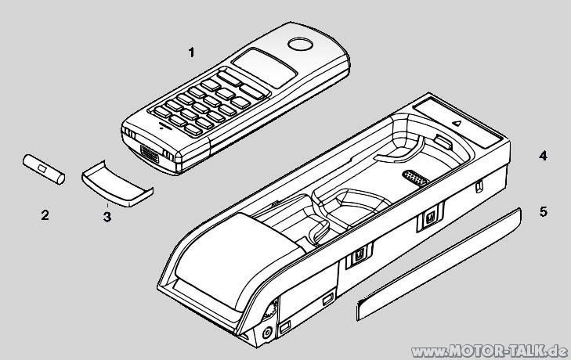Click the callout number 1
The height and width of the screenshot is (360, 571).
190,52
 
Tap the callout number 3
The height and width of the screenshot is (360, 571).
107,217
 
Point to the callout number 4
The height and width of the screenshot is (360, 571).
543,156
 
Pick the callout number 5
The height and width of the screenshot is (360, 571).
543,211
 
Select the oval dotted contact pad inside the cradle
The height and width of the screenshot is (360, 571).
414,177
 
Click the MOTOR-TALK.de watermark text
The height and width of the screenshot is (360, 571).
486,348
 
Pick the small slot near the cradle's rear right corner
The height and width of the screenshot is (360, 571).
479,188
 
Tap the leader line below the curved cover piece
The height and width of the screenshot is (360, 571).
109,203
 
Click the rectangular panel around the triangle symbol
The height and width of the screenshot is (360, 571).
458,121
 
